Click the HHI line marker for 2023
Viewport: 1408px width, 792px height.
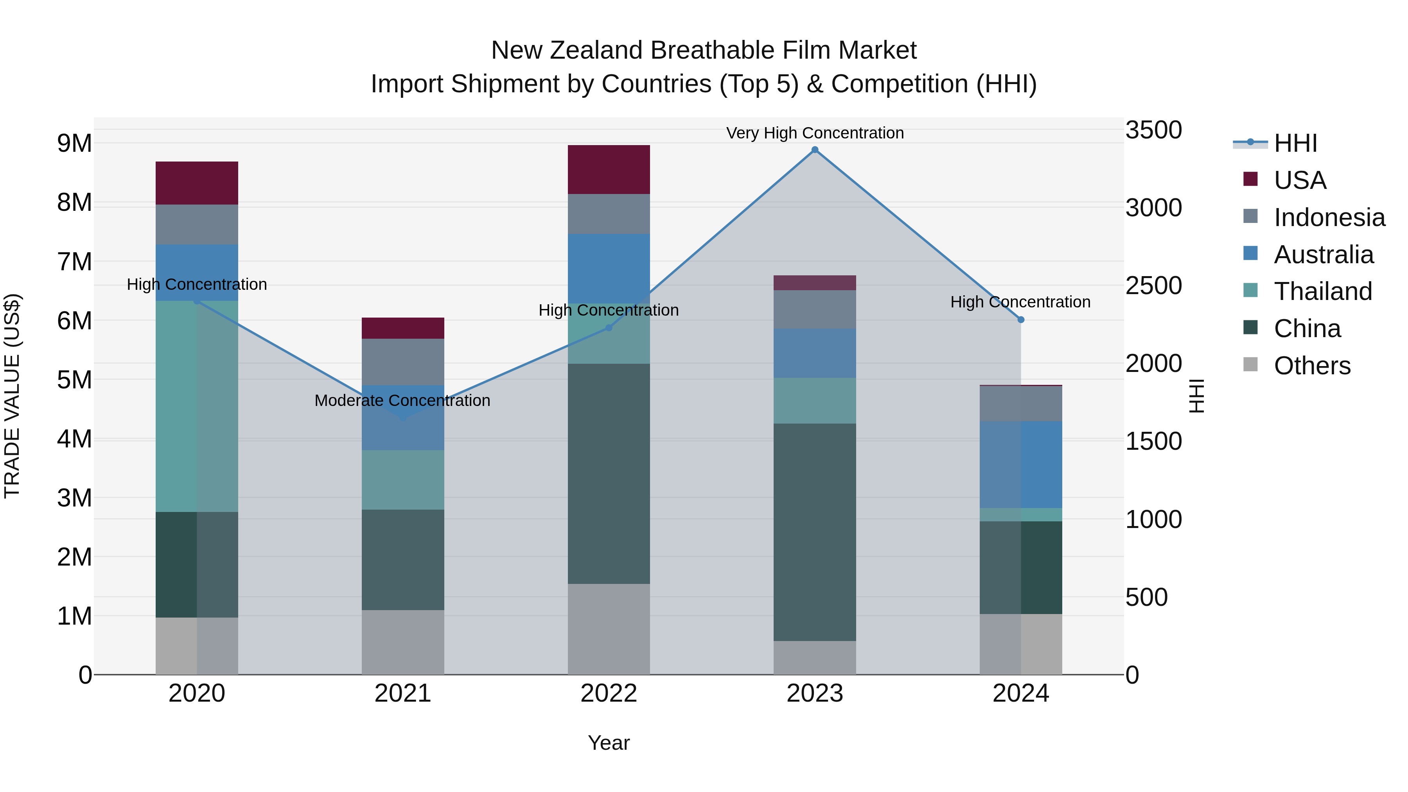[x=814, y=150]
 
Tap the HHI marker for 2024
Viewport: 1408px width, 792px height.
[x=1020, y=320]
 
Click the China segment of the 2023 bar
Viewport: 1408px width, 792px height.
[x=814, y=532]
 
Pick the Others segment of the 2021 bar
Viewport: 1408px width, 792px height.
[x=403, y=642]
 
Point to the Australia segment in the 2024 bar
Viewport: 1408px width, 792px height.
[x=1020, y=465]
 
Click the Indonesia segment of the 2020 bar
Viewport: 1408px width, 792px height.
[x=197, y=224]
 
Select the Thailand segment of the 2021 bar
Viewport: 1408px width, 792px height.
[x=403, y=480]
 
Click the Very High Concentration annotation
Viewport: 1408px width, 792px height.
[x=814, y=133]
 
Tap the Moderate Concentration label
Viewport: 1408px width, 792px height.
[x=402, y=400]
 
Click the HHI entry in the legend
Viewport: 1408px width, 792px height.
[x=1295, y=143]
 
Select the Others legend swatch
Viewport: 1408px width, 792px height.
[x=1250, y=365]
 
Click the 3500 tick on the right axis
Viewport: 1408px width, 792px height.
[x=1153, y=130]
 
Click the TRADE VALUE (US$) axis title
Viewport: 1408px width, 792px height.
[x=12, y=396]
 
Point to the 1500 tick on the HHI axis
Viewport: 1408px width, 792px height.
[x=1153, y=441]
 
